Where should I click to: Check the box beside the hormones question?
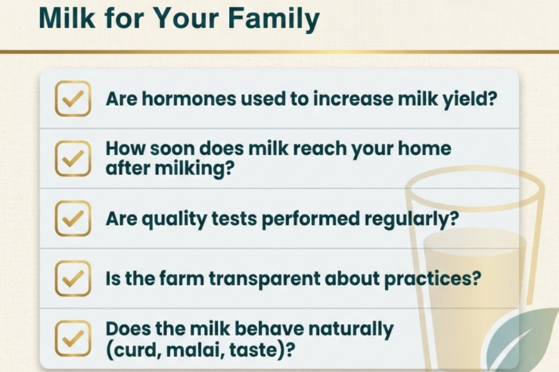[73, 99]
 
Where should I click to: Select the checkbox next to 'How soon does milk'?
[73, 159]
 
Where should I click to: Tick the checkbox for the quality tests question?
[73, 218]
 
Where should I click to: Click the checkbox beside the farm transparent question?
[73, 278]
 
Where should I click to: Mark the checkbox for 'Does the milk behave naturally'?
[73, 338]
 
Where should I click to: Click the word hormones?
[189, 99]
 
